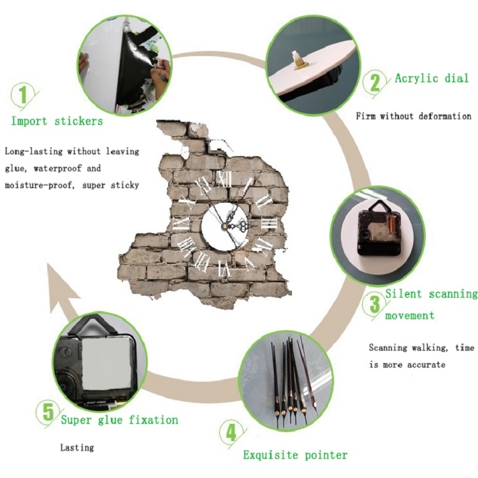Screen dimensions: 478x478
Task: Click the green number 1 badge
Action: (24, 95)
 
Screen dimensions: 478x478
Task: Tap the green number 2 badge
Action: (375, 82)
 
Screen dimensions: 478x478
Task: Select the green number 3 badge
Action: (375, 304)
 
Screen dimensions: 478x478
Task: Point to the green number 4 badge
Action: (232, 433)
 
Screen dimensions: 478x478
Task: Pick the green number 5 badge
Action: (49, 413)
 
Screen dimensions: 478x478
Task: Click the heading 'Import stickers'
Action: (57, 121)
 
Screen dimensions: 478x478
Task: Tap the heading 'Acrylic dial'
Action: (431, 78)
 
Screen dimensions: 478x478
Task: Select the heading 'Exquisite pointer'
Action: (295, 455)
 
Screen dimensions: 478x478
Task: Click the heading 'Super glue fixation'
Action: (120, 420)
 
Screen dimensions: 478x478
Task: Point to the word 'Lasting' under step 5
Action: (77, 447)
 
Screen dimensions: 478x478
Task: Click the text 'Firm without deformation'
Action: (414, 116)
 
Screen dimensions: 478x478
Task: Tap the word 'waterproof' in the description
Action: (57, 169)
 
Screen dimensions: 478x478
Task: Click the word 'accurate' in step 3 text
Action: (426, 365)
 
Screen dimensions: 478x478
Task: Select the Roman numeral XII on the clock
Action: (224, 179)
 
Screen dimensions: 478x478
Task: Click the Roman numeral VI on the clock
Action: (224, 268)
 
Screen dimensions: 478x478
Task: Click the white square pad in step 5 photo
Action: (106, 365)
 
